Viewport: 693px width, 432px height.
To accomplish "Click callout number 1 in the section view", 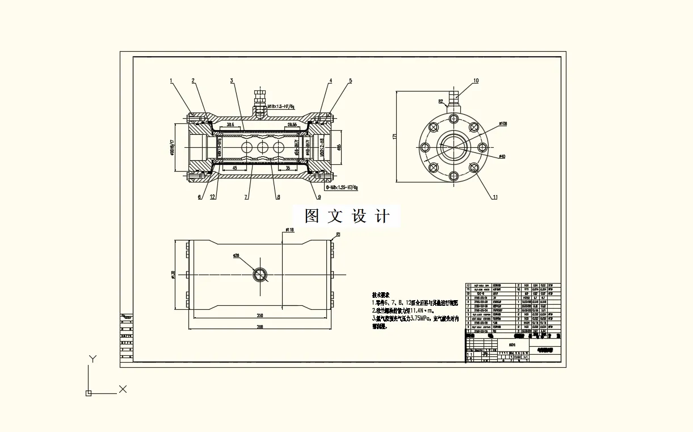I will (x=171, y=81).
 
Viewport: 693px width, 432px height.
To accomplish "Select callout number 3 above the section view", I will (x=232, y=81).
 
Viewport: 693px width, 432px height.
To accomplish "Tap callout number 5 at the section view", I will (x=350, y=81).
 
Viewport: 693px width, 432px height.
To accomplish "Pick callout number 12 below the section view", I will (x=212, y=197).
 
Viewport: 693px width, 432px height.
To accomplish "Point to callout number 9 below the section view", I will (x=319, y=197).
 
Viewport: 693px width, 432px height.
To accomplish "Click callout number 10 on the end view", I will (x=476, y=81).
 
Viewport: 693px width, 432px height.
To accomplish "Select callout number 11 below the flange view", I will (x=494, y=197).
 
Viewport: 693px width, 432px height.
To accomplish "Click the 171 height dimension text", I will (x=394, y=136).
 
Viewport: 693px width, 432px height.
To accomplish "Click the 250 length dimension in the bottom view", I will (x=260, y=315).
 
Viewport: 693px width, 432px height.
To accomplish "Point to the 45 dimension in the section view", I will (x=234, y=168).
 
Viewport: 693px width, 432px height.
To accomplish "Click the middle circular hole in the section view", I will (x=262, y=148).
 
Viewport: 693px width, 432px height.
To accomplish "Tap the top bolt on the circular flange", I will (x=453, y=119).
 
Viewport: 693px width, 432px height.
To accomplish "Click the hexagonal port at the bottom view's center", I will (x=260, y=275).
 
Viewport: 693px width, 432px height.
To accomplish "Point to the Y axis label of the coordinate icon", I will (x=93, y=359).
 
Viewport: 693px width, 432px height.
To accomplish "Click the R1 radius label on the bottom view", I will (x=338, y=234).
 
